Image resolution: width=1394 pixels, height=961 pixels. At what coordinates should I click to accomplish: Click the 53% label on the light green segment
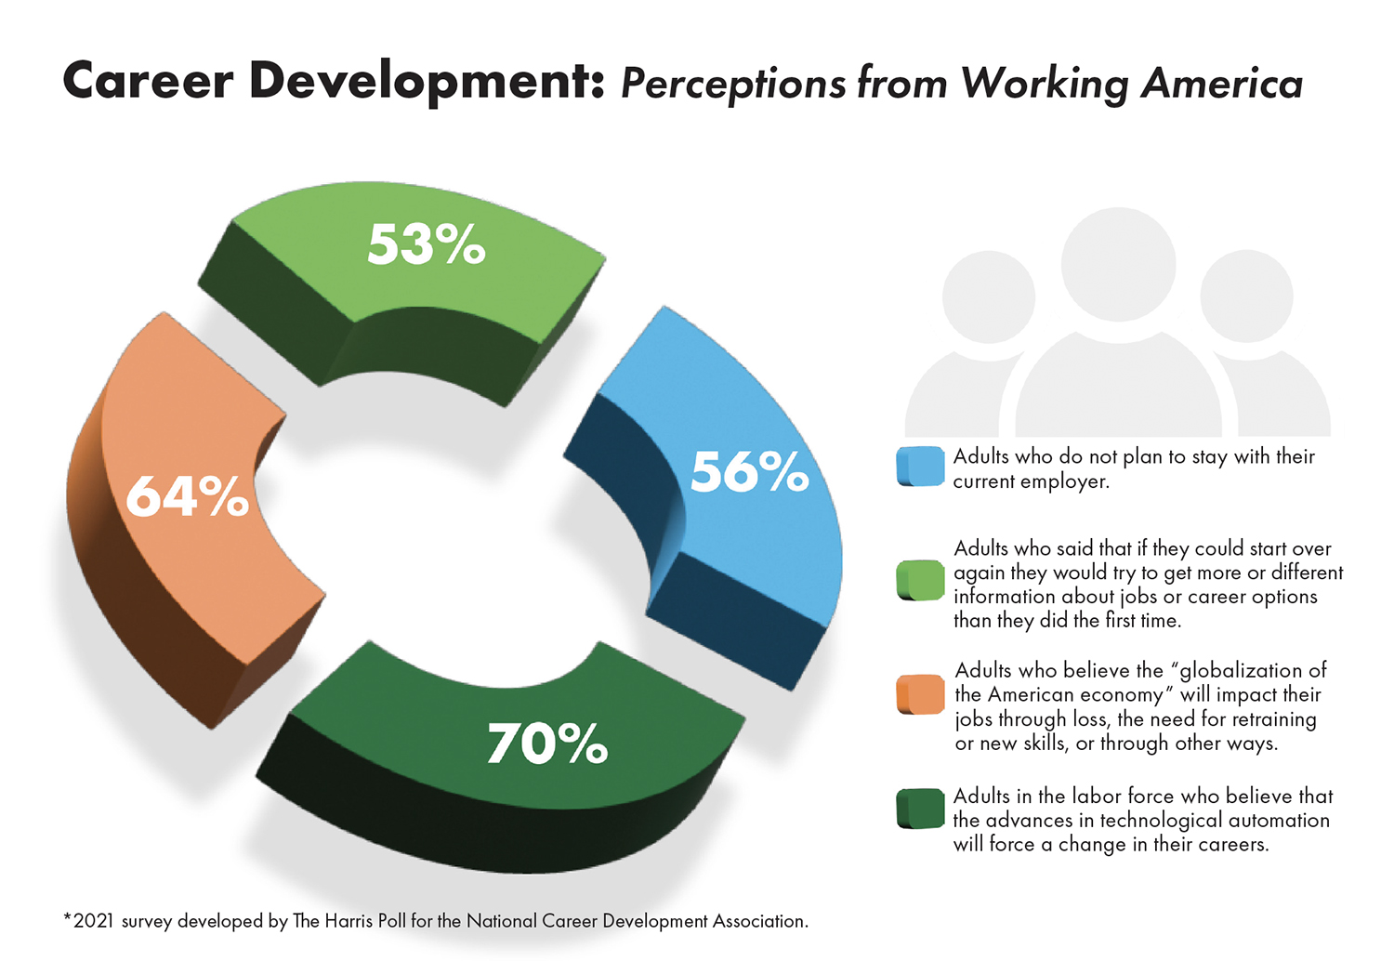coord(426,244)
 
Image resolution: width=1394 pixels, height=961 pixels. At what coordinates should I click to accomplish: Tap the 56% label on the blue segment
coord(749,472)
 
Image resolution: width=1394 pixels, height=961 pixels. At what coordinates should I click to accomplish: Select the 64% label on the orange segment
coord(187,496)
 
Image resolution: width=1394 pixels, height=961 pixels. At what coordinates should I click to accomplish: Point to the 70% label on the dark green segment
coord(547,744)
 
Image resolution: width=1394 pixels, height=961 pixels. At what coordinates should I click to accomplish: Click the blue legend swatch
coord(920,467)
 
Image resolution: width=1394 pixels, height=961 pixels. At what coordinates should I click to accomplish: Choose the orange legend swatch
coord(920,694)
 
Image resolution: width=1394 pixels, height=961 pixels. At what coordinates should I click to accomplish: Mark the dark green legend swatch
coord(920,809)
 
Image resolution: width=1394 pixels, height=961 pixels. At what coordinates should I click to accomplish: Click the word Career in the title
coord(148,81)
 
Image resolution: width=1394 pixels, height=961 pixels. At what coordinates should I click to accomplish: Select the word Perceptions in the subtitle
coord(733,84)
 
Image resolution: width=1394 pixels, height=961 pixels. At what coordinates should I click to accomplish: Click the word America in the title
coord(1221,83)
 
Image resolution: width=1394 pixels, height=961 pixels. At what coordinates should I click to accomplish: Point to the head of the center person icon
coord(1118,264)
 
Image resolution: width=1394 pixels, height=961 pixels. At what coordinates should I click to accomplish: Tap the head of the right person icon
coord(1246,296)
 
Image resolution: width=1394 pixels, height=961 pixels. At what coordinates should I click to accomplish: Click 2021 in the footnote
coord(93,921)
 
